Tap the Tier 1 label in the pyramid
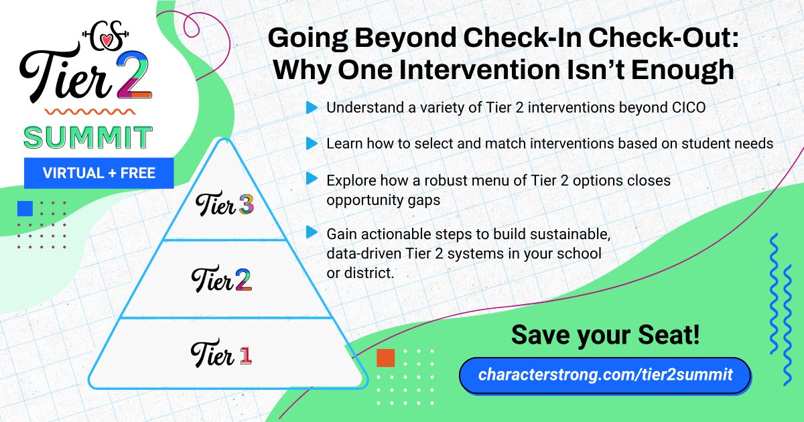(221, 354)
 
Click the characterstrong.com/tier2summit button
(605, 374)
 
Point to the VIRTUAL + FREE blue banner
(99, 173)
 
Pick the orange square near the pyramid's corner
(385, 358)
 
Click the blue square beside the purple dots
(25, 208)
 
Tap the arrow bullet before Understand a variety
(311, 107)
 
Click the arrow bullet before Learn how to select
(311, 143)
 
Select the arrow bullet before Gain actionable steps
(311, 232)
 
